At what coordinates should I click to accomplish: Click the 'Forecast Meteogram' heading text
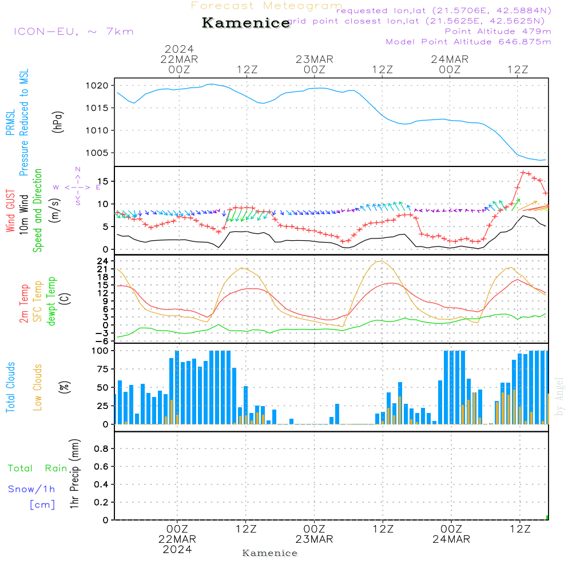(x=267, y=6)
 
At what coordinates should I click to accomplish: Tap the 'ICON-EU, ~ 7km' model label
(x=73, y=31)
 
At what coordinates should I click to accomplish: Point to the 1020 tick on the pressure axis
(x=97, y=86)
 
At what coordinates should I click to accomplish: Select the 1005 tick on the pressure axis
(x=97, y=153)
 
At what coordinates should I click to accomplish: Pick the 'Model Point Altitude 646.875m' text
(x=468, y=42)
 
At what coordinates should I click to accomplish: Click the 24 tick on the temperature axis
(x=103, y=261)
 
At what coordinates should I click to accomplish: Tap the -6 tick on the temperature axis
(x=103, y=341)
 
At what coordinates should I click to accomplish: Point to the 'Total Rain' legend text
(x=37, y=468)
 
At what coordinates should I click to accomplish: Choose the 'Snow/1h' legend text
(x=32, y=489)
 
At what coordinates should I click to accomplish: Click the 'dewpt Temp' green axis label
(x=51, y=301)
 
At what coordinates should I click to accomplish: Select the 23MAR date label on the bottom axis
(x=314, y=539)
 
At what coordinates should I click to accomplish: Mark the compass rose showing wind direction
(x=77, y=186)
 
